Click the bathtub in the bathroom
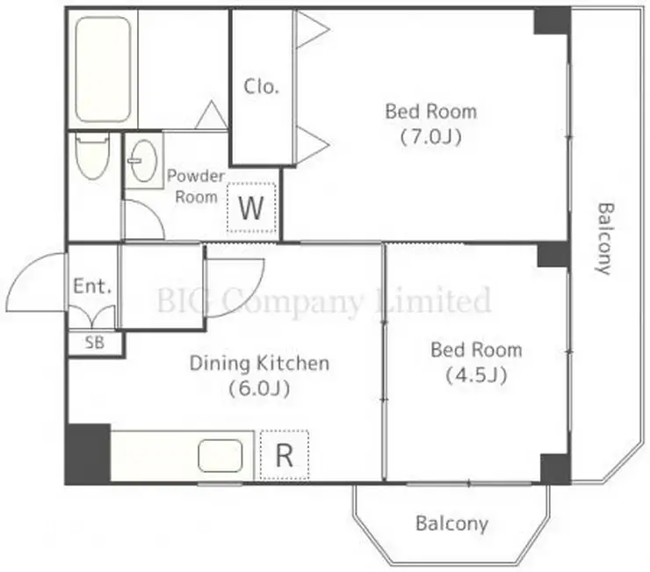pyautogui.click(x=104, y=69)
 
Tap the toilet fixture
pyautogui.click(x=93, y=156)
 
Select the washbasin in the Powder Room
pyautogui.click(x=143, y=161)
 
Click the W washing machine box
pyautogui.click(x=251, y=207)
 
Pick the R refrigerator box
pyautogui.click(x=285, y=455)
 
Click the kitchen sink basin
pyautogui.click(x=220, y=456)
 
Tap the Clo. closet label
pyautogui.click(x=261, y=87)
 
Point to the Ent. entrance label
pyautogui.click(x=92, y=286)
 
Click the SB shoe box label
pyautogui.click(x=95, y=343)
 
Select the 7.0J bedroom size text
pyautogui.click(x=431, y=137)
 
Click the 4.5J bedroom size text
pyautogui.click(x=476, y=376)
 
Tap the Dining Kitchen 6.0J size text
pyautogui.click(x=259, y=388)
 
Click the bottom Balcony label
pyautogui.click(x=451, y=524)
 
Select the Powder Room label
pyautogui.click(x=196, y=186)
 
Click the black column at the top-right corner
pyautogui.click(x=552, y=21)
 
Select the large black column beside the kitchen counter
pyautogui.click(x=88, y=453)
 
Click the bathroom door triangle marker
pyautogui.click(x=212, y=114)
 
